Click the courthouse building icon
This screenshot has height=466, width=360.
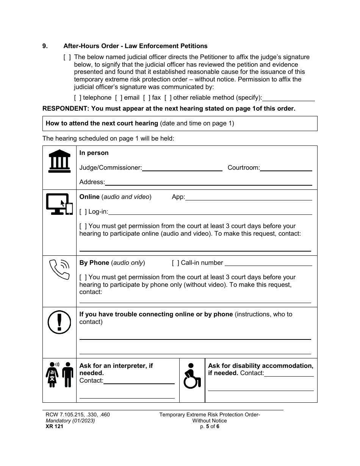tap(59, 161)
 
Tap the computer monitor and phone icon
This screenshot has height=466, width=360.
tap(59, 204)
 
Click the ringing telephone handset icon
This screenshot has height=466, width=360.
tap(59, 269)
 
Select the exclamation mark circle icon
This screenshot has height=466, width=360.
tap(59, 322)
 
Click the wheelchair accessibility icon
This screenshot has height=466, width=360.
tap(192, 376)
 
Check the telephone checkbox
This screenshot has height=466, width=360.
tap(78, 98)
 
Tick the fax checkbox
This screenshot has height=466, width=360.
tap(147, 98)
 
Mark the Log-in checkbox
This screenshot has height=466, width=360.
tap(83, 211)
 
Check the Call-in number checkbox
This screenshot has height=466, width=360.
tap(175, 263)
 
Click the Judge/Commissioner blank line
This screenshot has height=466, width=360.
tap(182, 168)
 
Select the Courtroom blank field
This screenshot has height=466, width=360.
tap(286, 168)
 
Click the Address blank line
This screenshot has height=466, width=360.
tap(208, 182)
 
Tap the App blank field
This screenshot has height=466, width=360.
tap(249, 197)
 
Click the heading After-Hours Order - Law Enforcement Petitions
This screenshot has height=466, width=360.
tap(135, 46)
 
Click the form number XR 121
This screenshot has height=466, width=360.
tap(53, 426)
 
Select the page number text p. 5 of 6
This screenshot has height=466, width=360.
tap(210, 426)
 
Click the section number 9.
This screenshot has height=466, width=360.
tap(45, 46)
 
